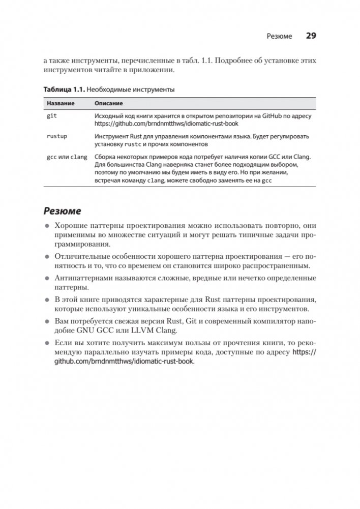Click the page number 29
pos(311,36)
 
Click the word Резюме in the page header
pos(279,37)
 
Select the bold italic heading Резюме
pos(62,211)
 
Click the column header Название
pos(61,103)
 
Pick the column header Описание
pos(108,103)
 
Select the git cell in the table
pos(52,116)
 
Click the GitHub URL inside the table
pos(166,124)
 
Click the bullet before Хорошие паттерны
pos(46,226)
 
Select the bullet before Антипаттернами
pos(46,278)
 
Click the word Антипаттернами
pos(82,278)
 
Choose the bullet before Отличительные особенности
pos(46,256)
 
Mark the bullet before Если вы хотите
pos(46,342)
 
